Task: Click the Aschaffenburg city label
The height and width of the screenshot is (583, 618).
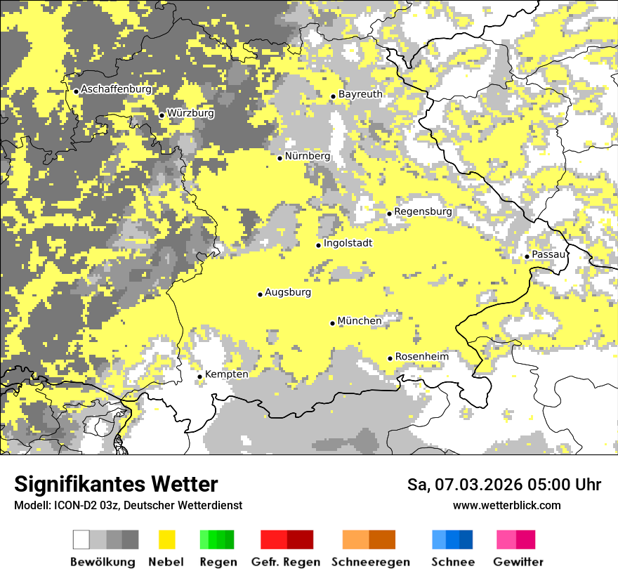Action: click(x=116, y=89)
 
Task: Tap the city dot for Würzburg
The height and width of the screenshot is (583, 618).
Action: click(x=162, y=115)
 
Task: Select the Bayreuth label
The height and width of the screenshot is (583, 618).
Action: click(x=360, y=94)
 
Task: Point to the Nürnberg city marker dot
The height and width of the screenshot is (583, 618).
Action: click(x=280, y=158)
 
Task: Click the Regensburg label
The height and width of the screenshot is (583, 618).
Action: click(x=423, y=211)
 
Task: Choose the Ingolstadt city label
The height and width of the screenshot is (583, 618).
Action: click(x=348, y=243)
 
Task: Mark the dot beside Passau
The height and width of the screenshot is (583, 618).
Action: click(x=527, y=256)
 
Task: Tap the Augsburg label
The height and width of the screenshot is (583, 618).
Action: click(x=288, y=292)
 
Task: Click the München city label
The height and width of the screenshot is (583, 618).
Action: click(x=360, y=321)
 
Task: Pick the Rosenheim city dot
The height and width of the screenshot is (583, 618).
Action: click(x=390, y=359)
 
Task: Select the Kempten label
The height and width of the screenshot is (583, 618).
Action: click(x=226, y=374)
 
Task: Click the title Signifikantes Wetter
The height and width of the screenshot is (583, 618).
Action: click(x=116, y=485)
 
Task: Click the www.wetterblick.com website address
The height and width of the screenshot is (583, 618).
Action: click(x=506, y=505)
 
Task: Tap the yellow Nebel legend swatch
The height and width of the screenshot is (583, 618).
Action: click(x=166, y=539)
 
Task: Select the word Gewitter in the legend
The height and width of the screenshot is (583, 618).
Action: click(x=518, y=562)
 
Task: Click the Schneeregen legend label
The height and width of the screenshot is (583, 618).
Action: click(x=370, y=562)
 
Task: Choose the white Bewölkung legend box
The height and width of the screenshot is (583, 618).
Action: click(x=81, y=539)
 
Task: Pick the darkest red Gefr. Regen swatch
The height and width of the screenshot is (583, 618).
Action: click(x=300, y=539)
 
